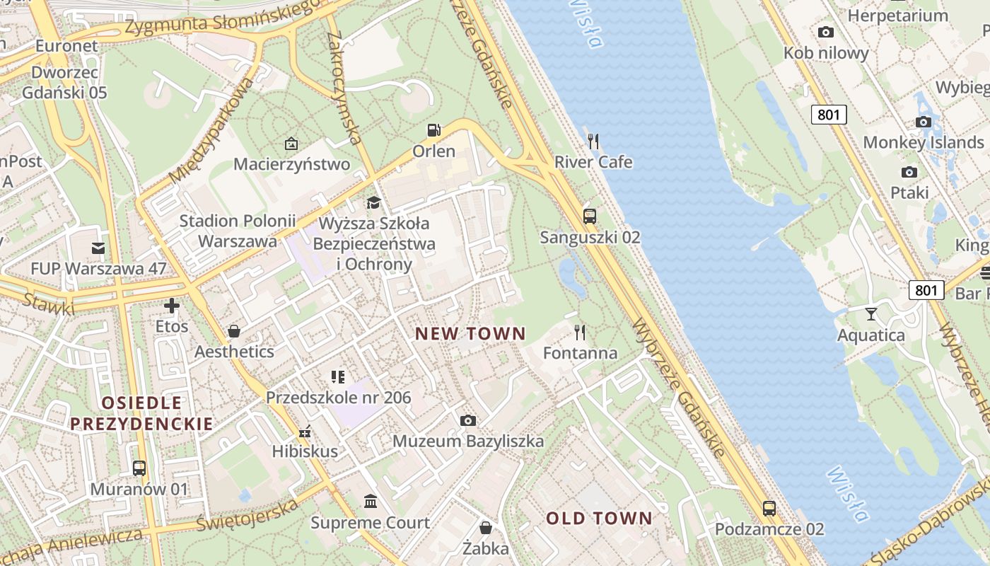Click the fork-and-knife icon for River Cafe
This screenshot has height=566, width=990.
[593, 141]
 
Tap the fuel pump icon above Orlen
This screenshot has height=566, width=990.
[433, 130]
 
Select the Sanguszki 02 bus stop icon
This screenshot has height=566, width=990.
[590, 216]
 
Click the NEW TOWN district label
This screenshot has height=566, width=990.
[470, 334]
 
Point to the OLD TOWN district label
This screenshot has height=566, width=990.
[599, 519]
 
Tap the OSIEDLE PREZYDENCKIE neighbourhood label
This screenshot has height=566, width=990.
[141, 413]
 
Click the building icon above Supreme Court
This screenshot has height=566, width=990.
[370, 502]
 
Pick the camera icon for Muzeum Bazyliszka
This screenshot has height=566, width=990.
[467, 421]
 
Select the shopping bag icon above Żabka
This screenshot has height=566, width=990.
[486, 528]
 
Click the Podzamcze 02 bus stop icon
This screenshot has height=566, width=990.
[769, 508]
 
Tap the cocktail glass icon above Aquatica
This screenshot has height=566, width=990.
[870, 313]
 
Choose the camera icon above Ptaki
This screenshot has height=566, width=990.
[909, 172]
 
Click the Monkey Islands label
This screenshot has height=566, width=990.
[923, 142]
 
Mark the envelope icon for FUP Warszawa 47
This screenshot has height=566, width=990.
[98, 248]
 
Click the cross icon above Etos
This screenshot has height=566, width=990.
[172, 306]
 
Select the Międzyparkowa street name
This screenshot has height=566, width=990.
[212, 131]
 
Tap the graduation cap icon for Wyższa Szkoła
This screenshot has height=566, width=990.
[373, 203]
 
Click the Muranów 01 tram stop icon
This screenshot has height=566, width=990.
[139, 468]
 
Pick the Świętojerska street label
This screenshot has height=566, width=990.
[248, 516]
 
